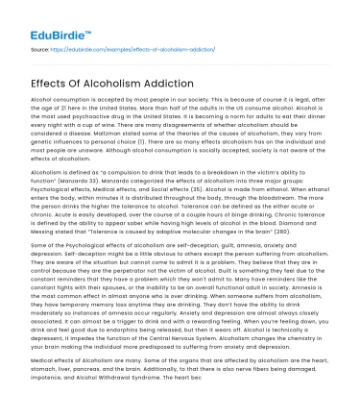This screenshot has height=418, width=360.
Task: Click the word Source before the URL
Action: (x=39, y=48)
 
